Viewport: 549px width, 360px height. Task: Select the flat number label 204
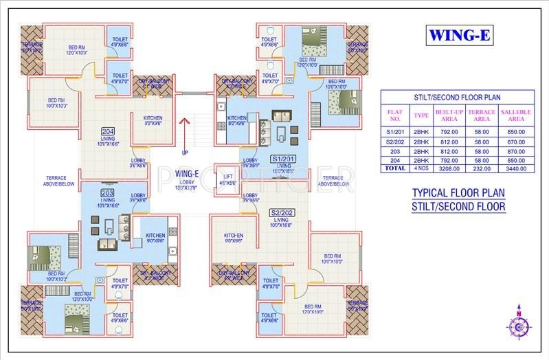(x=107, y=131)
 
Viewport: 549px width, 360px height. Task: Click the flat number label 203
(x=107, y=193)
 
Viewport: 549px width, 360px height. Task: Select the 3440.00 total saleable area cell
(x=516, y=167)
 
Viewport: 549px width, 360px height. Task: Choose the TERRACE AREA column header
(x=481, y=115)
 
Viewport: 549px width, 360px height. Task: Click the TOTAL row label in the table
(x=395, y=167)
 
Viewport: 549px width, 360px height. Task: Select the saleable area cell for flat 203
(x=516, y=150)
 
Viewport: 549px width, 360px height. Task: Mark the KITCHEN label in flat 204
(x=153, y=119)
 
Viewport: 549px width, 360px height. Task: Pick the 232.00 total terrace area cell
(x=481, y=167)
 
